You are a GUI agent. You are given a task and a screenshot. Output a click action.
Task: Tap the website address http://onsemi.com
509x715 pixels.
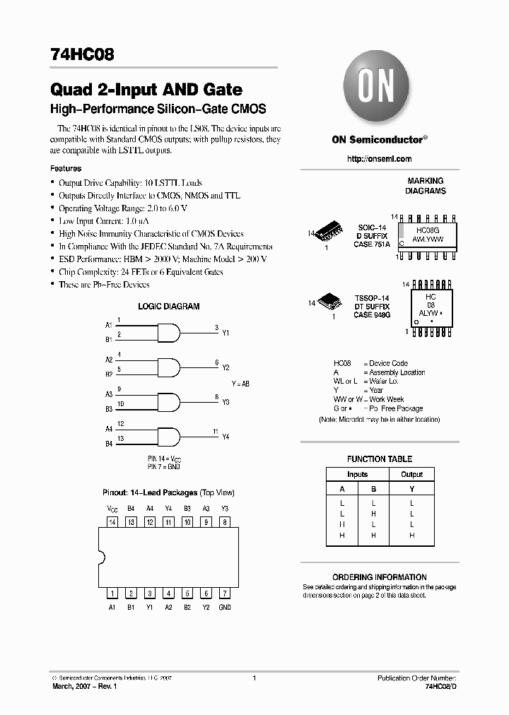click(379, 159)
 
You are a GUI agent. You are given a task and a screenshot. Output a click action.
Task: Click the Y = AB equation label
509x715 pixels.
click(240, 384)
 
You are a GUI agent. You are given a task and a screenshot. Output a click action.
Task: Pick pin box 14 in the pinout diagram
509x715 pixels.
click(112, 522)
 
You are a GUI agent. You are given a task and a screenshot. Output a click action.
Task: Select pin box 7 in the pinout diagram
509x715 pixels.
click(224, 593)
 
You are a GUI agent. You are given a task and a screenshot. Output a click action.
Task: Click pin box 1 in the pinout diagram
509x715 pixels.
click(112, 593)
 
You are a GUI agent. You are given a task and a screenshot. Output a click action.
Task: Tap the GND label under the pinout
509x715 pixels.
click(224, 608)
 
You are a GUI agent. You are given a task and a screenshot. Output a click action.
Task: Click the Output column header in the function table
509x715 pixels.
click(411, 475)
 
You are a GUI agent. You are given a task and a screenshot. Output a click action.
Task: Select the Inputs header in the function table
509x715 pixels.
click(358, 475)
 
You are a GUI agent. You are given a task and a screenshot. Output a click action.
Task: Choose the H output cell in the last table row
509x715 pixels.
click(411, 536)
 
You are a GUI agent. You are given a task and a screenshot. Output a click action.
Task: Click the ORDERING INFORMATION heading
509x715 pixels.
click(380, 577)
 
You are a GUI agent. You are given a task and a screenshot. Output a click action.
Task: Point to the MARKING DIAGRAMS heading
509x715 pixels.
click(425, 187)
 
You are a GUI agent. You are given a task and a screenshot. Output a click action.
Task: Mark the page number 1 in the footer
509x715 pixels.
click(253, 678)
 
